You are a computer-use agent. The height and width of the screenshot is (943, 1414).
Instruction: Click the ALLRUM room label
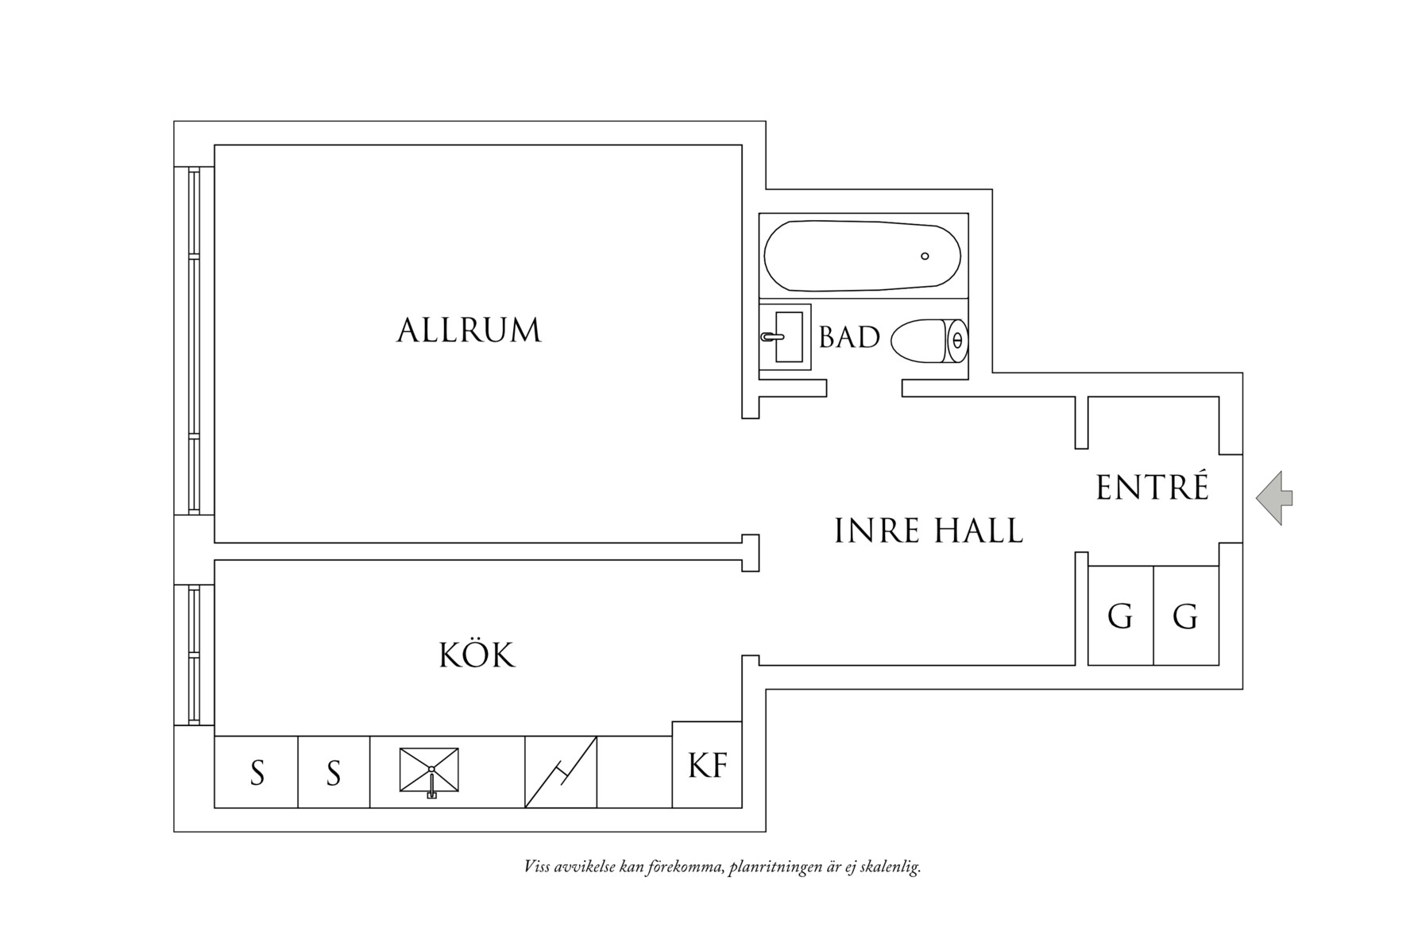[469, 330]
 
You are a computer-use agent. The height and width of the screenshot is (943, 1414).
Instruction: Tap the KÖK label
[477, 656]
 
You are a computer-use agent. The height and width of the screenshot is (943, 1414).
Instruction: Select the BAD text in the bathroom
[849, 338]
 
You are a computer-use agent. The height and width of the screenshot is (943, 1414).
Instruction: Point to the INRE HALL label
[929, 531]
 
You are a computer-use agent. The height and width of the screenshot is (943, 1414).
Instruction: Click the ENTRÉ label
[1152, 488]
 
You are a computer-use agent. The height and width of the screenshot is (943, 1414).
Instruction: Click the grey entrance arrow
[1274, 498]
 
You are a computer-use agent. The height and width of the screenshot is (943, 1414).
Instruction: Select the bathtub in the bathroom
[862, 256]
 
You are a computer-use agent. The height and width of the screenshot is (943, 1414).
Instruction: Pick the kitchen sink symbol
[429, 770]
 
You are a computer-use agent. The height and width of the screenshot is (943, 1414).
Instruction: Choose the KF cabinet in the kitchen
[707, 764]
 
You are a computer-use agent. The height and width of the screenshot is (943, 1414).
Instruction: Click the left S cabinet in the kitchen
[257, 772]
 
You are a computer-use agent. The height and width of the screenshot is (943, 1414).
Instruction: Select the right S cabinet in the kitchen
[334, 772]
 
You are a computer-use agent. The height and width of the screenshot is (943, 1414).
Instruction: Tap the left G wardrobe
[1120, 616]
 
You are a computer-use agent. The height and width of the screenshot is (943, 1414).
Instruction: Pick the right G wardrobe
[1185, 616]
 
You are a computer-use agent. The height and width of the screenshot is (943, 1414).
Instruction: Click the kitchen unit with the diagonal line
[560, 772]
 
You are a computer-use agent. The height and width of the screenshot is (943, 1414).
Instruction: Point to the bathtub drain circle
[925, 256]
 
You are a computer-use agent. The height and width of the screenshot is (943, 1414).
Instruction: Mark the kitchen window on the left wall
[194, 655]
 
